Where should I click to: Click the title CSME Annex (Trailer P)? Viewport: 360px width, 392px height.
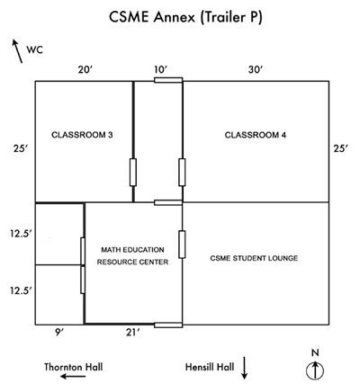click(x=185, y=17)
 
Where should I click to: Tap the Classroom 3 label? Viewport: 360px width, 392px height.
click(x=82, y=135)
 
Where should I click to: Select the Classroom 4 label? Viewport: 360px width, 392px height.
click(x=256, y=135)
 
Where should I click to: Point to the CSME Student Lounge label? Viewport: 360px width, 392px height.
click(x=254, y=258)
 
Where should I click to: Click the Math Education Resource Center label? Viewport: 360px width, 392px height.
click(x=132, y=256)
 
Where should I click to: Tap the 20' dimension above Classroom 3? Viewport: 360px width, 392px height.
click(x=85, y=70)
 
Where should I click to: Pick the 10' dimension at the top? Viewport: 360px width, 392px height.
click(x=161, y=70)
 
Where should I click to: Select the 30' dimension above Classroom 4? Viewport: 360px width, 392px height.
click(x=256, y=70)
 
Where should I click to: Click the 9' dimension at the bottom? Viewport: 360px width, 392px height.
click(x=59, y=333)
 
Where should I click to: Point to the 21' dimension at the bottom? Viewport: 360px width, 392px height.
click(x=132, y=333)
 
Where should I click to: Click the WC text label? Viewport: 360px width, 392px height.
click(x=35, y=49)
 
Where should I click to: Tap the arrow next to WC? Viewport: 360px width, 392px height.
click(x=17, y=51)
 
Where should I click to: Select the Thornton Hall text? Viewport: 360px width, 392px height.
click(x=74, y=367)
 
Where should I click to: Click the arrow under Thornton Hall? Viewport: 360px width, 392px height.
click(x=73, y=376)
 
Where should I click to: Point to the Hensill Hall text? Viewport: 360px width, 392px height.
click(x=210, y=367)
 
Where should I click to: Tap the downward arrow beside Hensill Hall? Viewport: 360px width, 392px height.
click(x=245, y=368)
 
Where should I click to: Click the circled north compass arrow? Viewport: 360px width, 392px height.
click(x=315, y=371)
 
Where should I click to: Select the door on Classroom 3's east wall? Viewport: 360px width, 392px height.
click(x=133, y=173)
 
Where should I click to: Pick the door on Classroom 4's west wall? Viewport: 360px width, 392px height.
click(x=182, y=173)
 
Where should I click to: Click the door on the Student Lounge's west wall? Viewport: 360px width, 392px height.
click(x=182, y=245)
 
